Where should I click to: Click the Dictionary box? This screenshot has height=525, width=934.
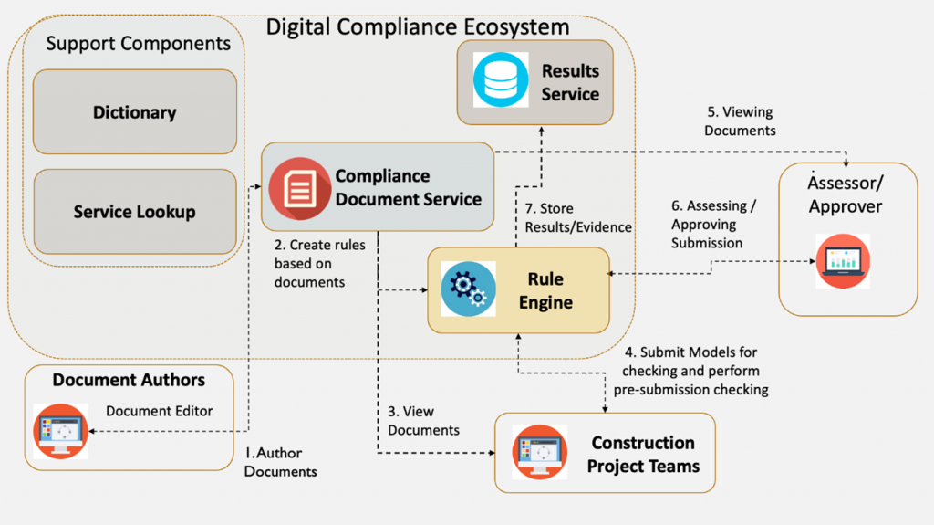[x=134, y=112]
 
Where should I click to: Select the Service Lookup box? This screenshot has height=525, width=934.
[x=134, y=212]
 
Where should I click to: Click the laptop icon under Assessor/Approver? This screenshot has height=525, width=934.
[x=842, y=261]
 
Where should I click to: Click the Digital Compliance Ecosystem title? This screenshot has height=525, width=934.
[x=417, y=26]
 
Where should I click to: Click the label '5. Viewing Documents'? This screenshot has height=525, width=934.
[x=741, y=121]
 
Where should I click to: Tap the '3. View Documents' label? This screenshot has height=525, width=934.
[x=423, y=420]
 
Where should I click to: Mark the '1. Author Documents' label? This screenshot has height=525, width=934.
[x=281, y=462]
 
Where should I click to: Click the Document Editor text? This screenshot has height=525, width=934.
[x=159, y=411]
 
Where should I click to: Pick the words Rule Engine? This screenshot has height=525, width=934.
[x=545, y=290]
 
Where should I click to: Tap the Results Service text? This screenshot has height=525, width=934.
[x=570, y=82]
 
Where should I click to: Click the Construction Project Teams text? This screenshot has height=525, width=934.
[x=643, y=454]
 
